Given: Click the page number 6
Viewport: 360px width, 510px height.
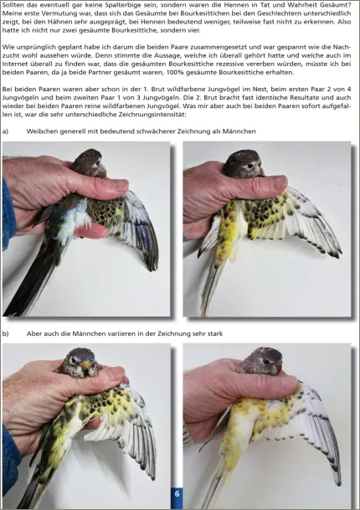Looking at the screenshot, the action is tap(177, 494).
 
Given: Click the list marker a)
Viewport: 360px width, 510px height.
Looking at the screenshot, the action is tap(5, 131).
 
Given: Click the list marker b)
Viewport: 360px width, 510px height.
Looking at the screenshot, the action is tap(5, 333).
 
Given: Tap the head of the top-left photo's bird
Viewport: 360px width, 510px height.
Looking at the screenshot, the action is tap(89, 159).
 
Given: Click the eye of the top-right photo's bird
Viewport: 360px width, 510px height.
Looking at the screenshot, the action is tap(250, 166).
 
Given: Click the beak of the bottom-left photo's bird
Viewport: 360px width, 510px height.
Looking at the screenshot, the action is tap(86, 365).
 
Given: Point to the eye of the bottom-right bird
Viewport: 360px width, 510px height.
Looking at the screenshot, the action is tap(267, 361).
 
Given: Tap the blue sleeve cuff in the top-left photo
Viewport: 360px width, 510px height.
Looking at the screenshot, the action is tap(8, 214).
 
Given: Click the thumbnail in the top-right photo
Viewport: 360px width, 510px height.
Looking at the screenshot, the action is tap(279, 182).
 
